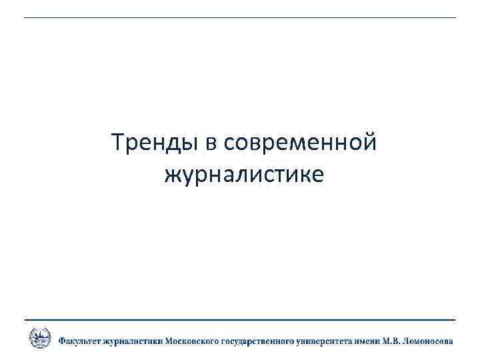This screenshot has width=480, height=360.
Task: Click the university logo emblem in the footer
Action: pyautogui.click(x=39, y=338)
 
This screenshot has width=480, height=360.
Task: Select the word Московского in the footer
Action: pyautogui.click(x=193, y=341)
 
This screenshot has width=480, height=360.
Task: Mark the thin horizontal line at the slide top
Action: pyautogui.click(x=240, y=17)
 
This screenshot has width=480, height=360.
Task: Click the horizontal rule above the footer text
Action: pyautogui.click(x=240, y=320)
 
